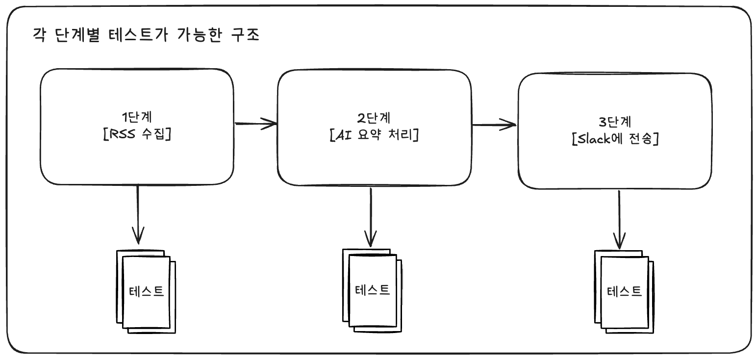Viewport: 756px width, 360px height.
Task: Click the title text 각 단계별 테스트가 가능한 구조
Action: tap(145, 36)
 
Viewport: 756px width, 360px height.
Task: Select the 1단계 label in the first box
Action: tap(137, 117)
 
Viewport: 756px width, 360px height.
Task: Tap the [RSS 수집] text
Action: tap(137, 133)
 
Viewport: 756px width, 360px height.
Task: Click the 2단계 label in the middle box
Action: tap(374, 118)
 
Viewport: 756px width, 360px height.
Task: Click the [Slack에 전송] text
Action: tap(615, 139)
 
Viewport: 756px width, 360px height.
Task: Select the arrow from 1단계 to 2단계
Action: tap(256, 123)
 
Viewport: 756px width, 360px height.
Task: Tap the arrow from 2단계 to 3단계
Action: tap(494, 125)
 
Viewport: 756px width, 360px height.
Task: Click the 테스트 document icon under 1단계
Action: tap(146, 292)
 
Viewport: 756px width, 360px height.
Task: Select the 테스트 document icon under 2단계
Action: tap(372, 290)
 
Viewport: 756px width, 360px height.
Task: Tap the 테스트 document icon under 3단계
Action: tap(624, 292)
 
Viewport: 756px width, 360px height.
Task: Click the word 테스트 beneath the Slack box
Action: tap(624, 292)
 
